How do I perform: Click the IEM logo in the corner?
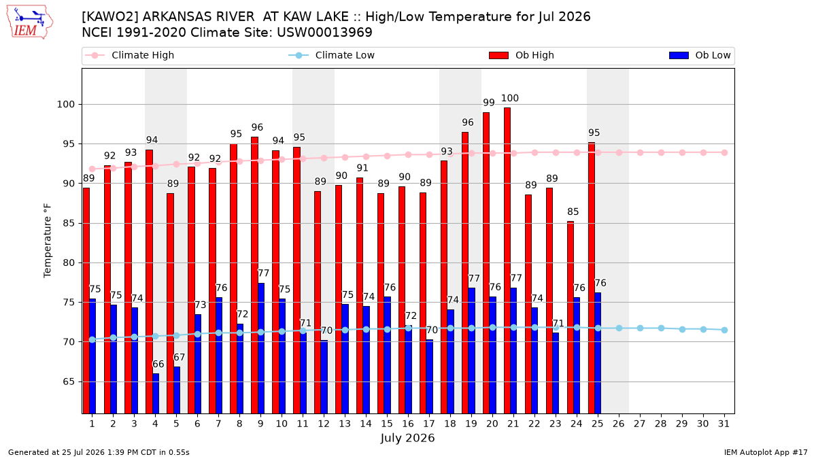click(x=30, y=22)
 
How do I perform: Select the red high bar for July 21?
click(x=507, y=260)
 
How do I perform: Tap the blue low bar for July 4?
click(x=156, y=394)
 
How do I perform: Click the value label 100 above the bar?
click(x=509, y=98)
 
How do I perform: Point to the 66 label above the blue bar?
click(x=158, y=364)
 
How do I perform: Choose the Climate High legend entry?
click(x=129, y=55)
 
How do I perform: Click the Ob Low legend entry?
click(x=700, y=55)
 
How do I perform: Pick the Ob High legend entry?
click(x=522, y=55)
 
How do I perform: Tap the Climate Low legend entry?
click(x=331, y=55)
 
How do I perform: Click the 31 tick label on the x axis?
click(x=724, y=424)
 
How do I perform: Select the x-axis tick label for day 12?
click(x=324, y=424)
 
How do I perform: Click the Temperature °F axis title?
click(x=48, y=241)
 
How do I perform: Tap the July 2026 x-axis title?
click(x=407, y=438)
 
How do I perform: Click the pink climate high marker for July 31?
click(x=724, y=152)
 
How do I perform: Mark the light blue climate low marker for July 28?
click(x=661, y=328)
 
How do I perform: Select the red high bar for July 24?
click(x=571, y=318)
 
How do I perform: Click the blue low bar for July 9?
click(x=261, y=348)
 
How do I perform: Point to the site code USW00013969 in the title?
click(x=324, y=33)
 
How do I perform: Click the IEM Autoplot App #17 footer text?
click(x=766, y=452)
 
